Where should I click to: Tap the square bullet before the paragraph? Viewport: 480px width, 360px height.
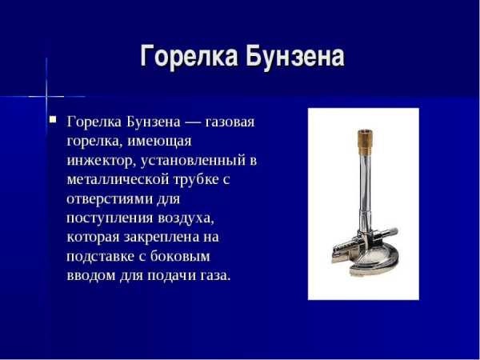(54, 118)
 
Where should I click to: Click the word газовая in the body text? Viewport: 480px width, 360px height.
(230, 122)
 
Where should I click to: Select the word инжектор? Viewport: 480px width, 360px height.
(100, 162)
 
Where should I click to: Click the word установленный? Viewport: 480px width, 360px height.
(193, 161)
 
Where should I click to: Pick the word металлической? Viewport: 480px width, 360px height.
(118, 180)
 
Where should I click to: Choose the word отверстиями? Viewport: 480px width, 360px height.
(110, 199)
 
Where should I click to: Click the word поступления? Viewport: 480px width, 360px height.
(110, 218)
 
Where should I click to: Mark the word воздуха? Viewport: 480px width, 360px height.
(186, 218)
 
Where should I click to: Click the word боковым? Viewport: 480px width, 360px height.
(180, 256)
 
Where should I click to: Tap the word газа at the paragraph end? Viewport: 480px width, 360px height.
(215, 276)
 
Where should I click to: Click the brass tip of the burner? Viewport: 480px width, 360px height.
(366, 142)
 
